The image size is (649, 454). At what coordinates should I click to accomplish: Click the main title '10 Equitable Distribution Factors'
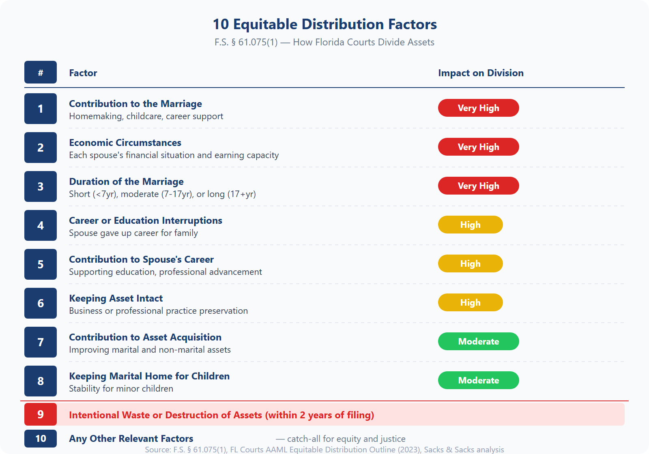coord(324,24)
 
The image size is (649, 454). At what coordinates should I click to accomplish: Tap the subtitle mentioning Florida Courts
coord(324,42)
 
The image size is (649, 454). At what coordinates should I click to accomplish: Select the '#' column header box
coord(41,73)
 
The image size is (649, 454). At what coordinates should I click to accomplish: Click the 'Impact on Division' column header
coord(481,73)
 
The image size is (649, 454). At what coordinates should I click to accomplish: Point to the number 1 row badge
coord(41,109)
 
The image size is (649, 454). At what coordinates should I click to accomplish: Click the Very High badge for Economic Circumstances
coord(478,147)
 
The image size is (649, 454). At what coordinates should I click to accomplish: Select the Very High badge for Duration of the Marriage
coord(478,186)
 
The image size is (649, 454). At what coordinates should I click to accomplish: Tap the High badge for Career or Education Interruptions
coord(470,225)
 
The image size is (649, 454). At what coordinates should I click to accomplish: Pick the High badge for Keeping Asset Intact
coord(470,302)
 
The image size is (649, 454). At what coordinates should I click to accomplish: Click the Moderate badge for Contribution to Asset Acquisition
coord(478,341)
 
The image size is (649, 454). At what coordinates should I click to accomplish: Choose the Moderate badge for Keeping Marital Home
coord(478,380)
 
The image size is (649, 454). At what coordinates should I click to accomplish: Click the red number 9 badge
coord(41,414)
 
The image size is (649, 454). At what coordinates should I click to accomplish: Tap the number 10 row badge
coord(41,439)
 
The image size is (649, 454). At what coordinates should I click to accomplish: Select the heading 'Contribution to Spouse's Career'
coord(141,259)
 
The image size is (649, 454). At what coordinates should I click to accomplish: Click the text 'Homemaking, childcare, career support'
coord(146,116)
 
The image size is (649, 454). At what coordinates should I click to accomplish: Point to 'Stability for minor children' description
coord(121,389)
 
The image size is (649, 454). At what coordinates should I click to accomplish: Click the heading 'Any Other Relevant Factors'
coord(131,439)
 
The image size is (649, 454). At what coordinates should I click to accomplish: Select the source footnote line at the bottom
coord(324,450)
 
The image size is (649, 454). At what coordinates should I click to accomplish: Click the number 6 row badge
coord(41,303)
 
